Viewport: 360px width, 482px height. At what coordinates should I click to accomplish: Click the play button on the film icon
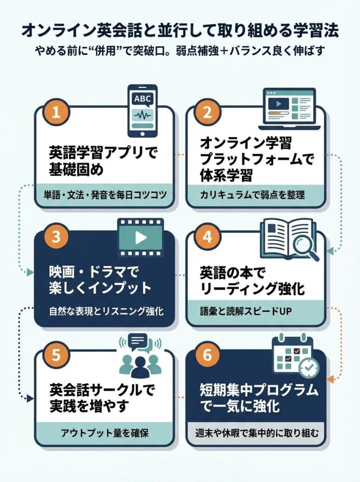coord(140,238)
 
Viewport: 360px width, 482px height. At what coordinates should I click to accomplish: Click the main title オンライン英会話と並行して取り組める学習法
coord(180,31)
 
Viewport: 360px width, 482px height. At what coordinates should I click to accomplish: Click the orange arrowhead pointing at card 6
coord(330,378)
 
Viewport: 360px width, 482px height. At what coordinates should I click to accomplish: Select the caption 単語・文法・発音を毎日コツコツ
coord(104,195)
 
